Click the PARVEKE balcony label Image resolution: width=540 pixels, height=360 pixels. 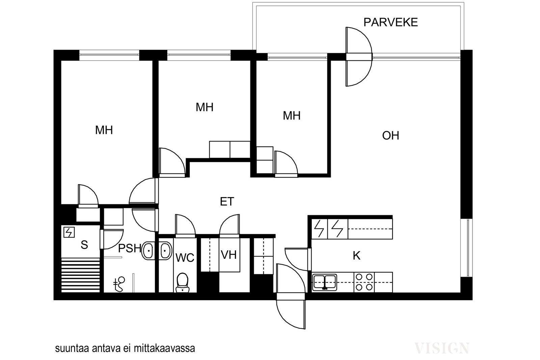(390, 22)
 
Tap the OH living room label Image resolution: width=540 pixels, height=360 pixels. (390, 135)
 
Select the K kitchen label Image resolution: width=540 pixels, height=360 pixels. (356, 255)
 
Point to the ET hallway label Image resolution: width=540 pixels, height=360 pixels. (227, 201)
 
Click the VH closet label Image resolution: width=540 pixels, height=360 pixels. (229, 255)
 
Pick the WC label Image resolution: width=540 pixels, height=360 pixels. (185, 258)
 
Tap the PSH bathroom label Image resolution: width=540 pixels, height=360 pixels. (130, 248)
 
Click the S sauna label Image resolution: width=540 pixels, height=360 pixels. (84, 245)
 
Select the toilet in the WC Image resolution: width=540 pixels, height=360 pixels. (183, 282)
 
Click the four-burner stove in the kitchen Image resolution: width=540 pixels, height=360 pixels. (364, 282)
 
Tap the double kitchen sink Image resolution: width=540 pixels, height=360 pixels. (324, 282)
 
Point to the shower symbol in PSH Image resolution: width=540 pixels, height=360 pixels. (119, 284)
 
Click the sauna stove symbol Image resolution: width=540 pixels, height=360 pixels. (69, 232)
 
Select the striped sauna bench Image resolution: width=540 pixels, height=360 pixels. (81, 275)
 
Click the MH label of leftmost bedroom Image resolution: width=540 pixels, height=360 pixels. (104, 130)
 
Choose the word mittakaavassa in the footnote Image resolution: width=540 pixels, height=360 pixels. (164, 349)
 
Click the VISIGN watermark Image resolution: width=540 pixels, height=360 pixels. (442, 348)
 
